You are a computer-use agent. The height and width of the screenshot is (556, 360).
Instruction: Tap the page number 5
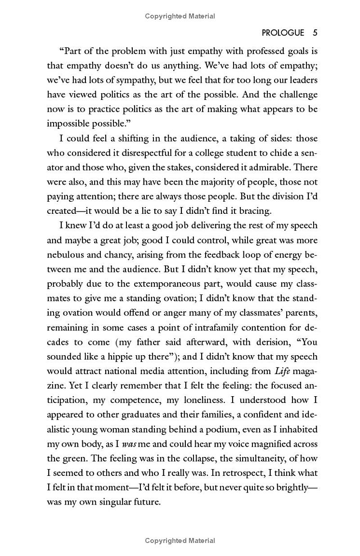[315, 33]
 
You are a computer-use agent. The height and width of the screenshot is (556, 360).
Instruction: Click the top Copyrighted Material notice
[180, 16]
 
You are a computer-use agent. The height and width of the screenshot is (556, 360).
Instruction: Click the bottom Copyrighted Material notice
[180, 541]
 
